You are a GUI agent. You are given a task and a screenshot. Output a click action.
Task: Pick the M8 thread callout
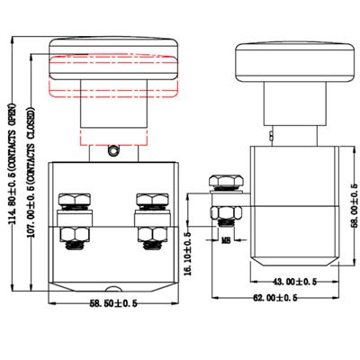229,240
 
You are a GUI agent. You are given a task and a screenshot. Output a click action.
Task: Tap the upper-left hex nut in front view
68,199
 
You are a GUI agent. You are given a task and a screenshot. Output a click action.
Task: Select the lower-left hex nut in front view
68,236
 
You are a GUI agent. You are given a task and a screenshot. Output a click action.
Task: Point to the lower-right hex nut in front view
146,236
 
